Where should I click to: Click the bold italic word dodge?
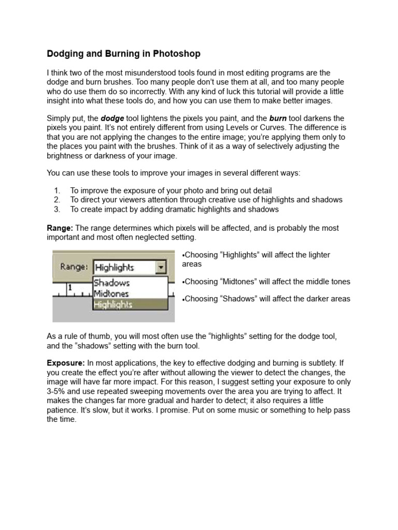click(x=112, y=119)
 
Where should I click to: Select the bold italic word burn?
click(x=278, y=119)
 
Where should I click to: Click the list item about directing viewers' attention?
click(x=206, y=200)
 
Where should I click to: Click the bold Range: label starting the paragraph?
click(x=61, y=228)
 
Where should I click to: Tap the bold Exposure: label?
click(x=66, y=363)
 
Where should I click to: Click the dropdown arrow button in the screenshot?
click(x=161, y=267)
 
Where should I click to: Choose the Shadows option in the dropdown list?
click(x=111, y=283)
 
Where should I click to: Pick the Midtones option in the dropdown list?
click(x=112, y=293)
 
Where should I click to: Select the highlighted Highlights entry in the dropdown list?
click(x=113, y=304)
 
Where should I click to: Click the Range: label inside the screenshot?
click(x=75, y=267)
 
